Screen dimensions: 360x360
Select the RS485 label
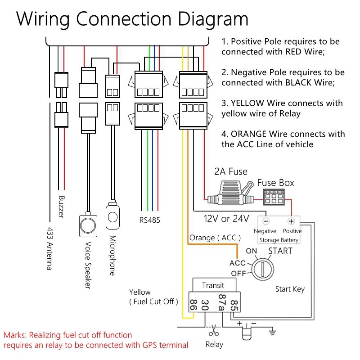pos(149,220)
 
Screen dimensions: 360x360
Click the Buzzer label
pos(62,207)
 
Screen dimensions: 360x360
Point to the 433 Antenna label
pos(50,248)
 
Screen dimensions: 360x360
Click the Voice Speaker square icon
pos(88,224)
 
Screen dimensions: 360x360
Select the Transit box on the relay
pos(213,285)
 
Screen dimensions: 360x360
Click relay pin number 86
pos(193,305)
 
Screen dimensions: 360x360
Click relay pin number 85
pos(234,305)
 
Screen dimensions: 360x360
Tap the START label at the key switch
pos(280,251)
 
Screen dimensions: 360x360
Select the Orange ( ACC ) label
pos(215,238)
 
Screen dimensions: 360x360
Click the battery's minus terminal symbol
pos(266,221)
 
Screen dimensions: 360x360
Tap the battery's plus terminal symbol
pos(291,221)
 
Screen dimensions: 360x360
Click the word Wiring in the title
pos(46,19)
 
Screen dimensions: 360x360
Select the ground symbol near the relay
pos(272,333)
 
